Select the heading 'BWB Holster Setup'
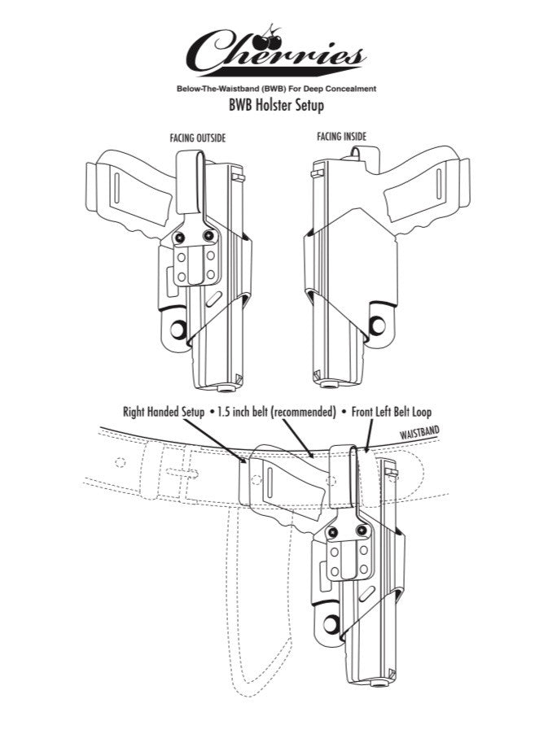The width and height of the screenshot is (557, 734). coord(278,105)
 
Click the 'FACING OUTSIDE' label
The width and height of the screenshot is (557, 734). coord(198,139)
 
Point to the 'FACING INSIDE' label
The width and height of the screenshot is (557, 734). coord(341,137)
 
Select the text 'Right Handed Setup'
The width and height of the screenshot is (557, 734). coord(164,413)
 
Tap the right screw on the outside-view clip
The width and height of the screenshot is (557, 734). coord(209,237)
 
